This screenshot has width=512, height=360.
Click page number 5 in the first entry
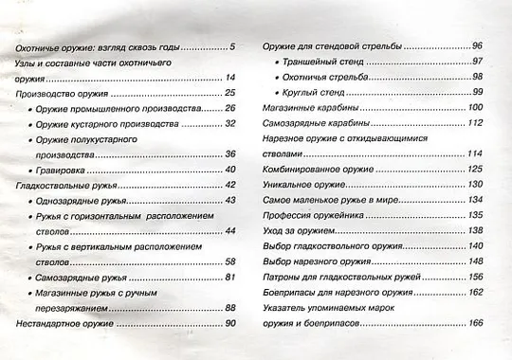point(232,46)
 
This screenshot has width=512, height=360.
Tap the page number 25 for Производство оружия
point(229,93)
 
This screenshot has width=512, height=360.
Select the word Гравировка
point(67,170)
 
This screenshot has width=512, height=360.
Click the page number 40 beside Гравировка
point(229,170)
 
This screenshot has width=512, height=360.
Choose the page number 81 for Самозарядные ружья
point(229,277)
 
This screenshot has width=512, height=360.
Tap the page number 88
point(229,308)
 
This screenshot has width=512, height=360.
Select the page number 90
point(229,324)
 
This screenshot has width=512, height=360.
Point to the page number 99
point(478,92)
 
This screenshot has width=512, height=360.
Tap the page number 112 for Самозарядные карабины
point(476,123)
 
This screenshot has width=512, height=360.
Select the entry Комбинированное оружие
point(314,170)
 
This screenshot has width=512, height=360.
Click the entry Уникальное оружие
point(301,185)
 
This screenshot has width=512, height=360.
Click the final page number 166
point(476,324)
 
